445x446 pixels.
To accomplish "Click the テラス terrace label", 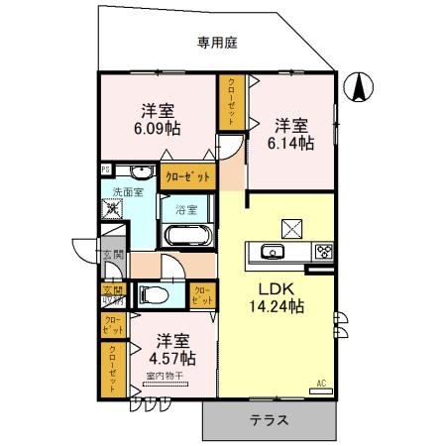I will pyautogui.click(x=269, y=419).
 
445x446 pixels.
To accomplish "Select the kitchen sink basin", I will pyautogui.click(x=275, y=252).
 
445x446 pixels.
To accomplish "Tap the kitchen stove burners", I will pyautogui.click(x=322, y=252).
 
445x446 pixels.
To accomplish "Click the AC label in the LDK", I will pyautogui.click(x=321, y=383).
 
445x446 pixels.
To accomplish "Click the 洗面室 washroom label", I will pyautogui.click(x=128, y=190).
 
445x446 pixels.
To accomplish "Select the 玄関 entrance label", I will pyautogui.click(x=111, y=255).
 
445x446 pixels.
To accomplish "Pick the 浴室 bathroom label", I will pyautogui.click(x=186, y=209).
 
